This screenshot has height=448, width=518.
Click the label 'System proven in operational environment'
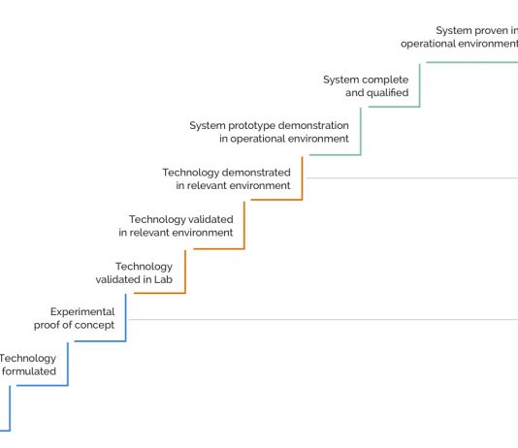coord(459,37)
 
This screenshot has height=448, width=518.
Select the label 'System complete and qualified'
coord(366,86)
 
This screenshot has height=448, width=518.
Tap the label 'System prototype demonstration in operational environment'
coord(269,132)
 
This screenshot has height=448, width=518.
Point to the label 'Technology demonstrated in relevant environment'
coord(226,179)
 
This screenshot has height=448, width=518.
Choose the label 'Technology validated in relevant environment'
coord(176,226)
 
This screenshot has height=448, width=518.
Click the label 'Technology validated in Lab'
coord(134,273)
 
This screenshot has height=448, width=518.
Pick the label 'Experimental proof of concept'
coord(74,318)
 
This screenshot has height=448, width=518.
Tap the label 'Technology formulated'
coord(28,365)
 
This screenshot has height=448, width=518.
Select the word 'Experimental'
coord(82,311)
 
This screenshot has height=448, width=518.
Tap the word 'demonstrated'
coord(258,173)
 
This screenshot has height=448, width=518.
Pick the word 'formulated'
coord(29,371)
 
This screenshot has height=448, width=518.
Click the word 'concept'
coord(94,325)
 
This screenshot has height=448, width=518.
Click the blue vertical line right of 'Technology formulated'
coord(68,364)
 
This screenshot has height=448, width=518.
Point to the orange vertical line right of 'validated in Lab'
coord(185,272)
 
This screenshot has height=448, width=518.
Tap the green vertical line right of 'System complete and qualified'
coord(420,85)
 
